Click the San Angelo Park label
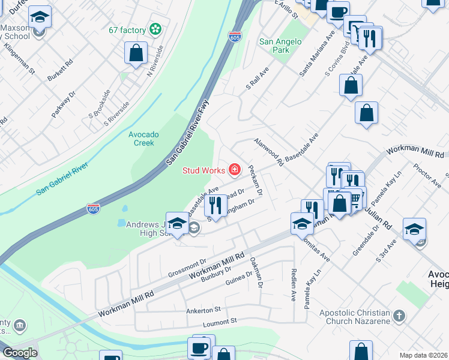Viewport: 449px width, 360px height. (x=280, y=46)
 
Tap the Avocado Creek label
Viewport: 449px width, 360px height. (x=143, y=139)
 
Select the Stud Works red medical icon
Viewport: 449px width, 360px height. (x=234, y=170)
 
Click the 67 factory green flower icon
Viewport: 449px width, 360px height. (x=155, y=29)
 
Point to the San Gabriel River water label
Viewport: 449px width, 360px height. (x=62, y=178)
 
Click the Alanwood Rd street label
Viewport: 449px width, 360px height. (x=268, y=151)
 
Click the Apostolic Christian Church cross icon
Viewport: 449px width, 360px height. (x=399, y=316)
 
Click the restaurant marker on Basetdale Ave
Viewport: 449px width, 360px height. (x=215, y=205)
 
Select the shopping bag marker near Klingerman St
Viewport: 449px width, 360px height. (x=136, y=53)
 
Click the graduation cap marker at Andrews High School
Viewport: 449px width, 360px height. (x=178, y=224)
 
